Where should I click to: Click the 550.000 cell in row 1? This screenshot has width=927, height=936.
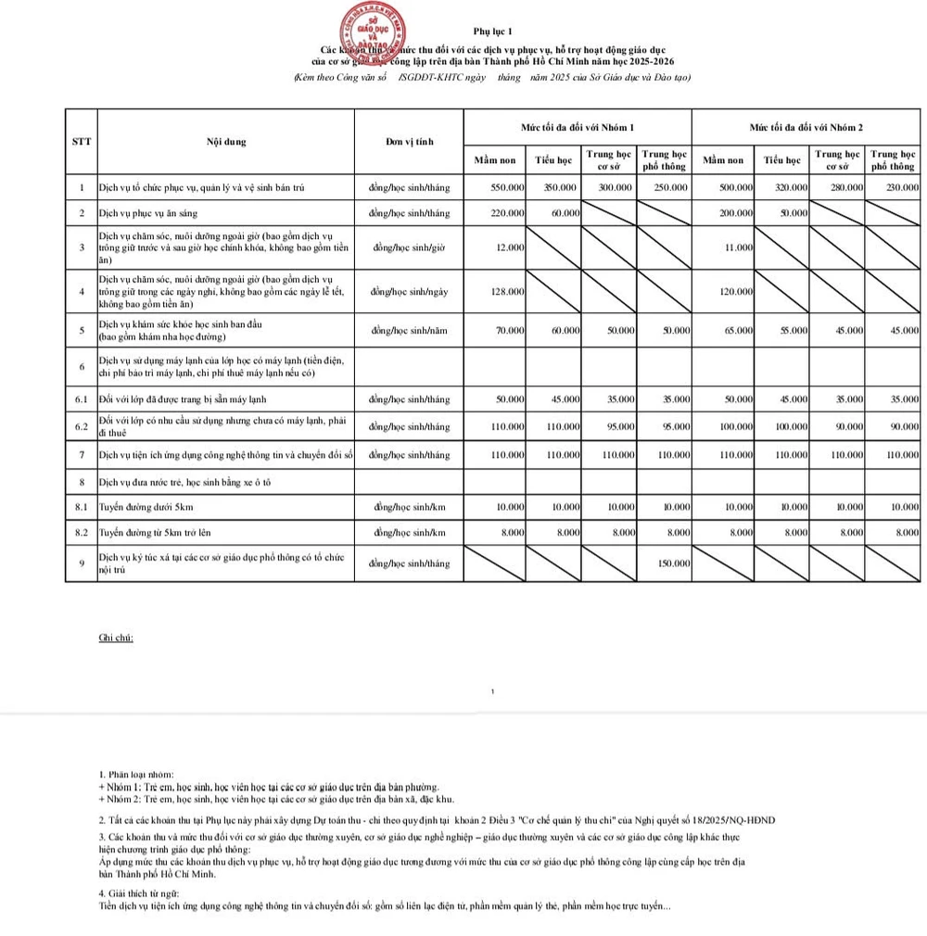506,187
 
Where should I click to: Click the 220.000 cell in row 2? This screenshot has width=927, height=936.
506,213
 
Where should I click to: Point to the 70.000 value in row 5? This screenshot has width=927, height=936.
509,330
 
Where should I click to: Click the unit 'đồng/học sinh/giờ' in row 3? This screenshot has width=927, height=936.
410,247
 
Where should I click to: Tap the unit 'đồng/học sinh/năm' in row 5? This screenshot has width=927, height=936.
410,330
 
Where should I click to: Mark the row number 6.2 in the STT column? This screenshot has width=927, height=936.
82,426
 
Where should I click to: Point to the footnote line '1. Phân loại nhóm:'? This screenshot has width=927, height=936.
135,774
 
